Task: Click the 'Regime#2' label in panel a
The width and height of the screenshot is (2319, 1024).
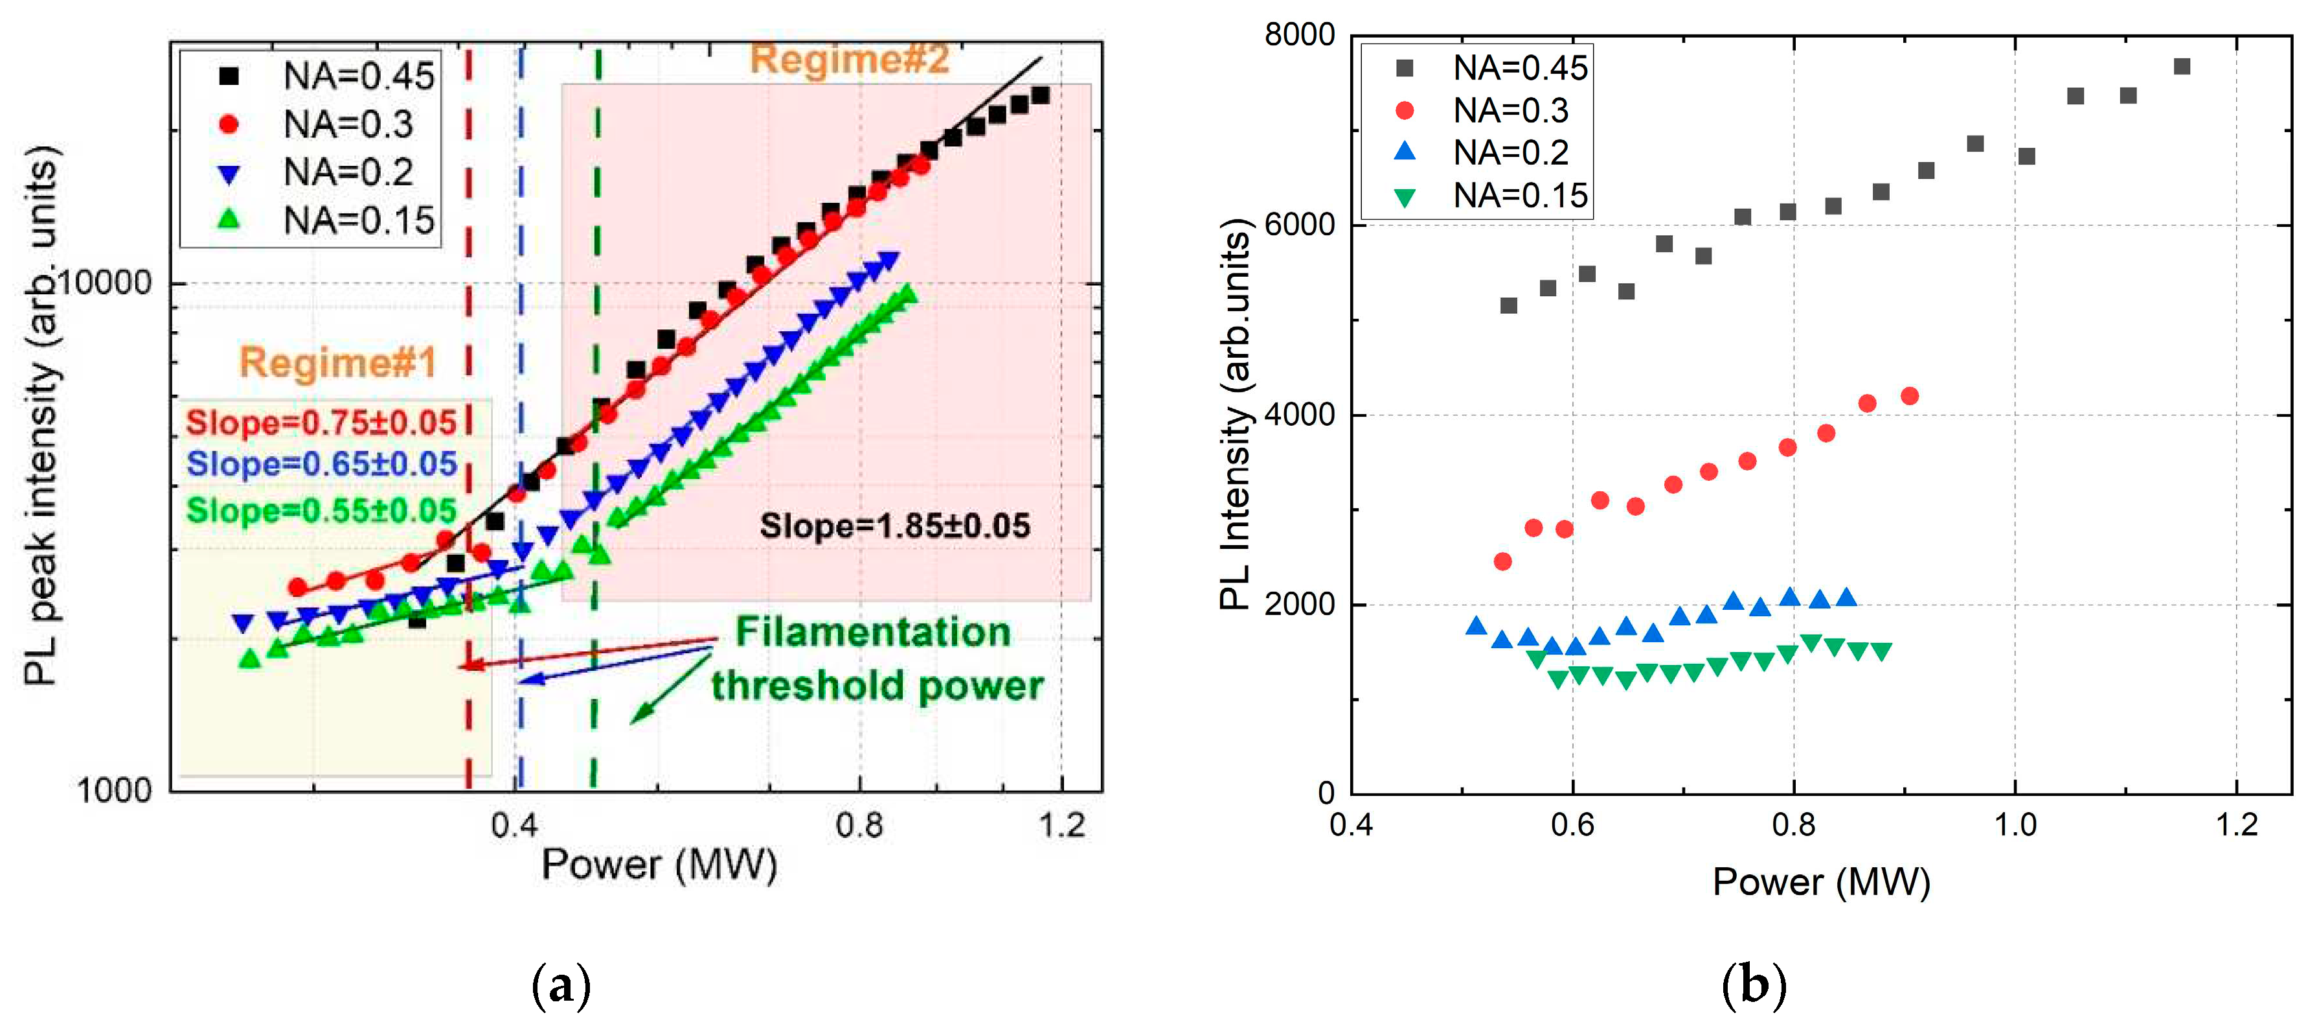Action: tap(849, 60)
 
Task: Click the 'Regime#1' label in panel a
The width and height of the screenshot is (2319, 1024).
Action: tap(337, 362)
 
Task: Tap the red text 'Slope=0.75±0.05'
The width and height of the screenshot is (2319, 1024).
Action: tap(321, 423)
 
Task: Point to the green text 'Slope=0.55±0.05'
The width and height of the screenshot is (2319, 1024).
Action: tap(321, 511)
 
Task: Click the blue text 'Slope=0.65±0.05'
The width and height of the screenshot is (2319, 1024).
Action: tap(321, 464)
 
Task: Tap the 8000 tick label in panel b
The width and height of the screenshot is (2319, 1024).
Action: tap(1298, 34)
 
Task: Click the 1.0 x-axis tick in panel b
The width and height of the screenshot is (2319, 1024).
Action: tap(2015, 824)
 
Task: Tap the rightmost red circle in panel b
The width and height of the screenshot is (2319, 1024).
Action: tap(1909, 396)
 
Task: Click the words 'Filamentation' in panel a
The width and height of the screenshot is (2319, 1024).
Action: tap(872, 631)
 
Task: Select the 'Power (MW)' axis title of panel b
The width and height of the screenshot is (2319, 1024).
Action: tap(1820, 881)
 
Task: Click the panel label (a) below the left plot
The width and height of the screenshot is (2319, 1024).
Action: tap(561, 984)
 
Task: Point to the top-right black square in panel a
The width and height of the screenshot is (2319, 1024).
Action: tap(1040, 95)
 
